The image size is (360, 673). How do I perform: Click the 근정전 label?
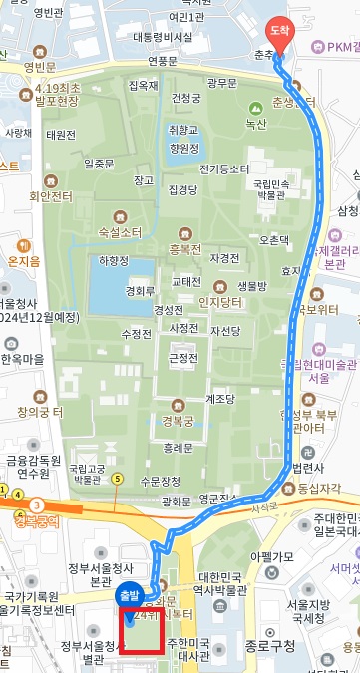(183, 357)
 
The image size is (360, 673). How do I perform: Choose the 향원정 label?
(184, 147)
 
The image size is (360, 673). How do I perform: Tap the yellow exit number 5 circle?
(118, 479)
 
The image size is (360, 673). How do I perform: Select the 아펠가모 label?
(272, 528)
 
